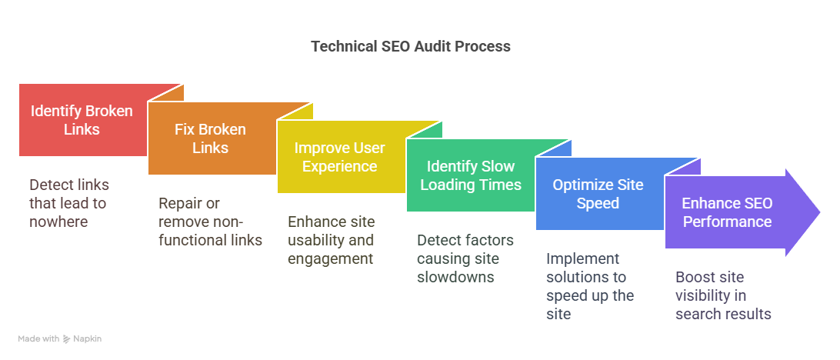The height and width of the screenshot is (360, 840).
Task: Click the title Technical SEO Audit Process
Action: (x=410, y=46)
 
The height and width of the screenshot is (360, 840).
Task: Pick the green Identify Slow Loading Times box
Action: (x=470, y=175)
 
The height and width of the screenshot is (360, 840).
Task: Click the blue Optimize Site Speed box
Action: (x=598, y=194)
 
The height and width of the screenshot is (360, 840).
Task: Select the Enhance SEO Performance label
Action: (x=727, y=212)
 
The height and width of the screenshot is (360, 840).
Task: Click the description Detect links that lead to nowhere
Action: (x=68, y=203)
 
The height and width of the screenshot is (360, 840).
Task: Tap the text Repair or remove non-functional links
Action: (x=210, y=222)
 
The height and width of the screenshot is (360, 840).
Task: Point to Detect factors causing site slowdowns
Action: (x=465, y=258)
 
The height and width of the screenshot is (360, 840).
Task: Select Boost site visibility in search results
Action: (x=723, y=295)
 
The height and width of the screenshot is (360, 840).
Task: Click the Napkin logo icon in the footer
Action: (x=67, y=338)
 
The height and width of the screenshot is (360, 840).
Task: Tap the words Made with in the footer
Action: (x=38, y=338)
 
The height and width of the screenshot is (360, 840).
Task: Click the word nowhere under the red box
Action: (x=58, y=222)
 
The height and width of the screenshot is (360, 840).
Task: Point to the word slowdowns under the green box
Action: (x=455, y=277)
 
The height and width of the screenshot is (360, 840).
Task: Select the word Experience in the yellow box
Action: (x=339, y=166)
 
